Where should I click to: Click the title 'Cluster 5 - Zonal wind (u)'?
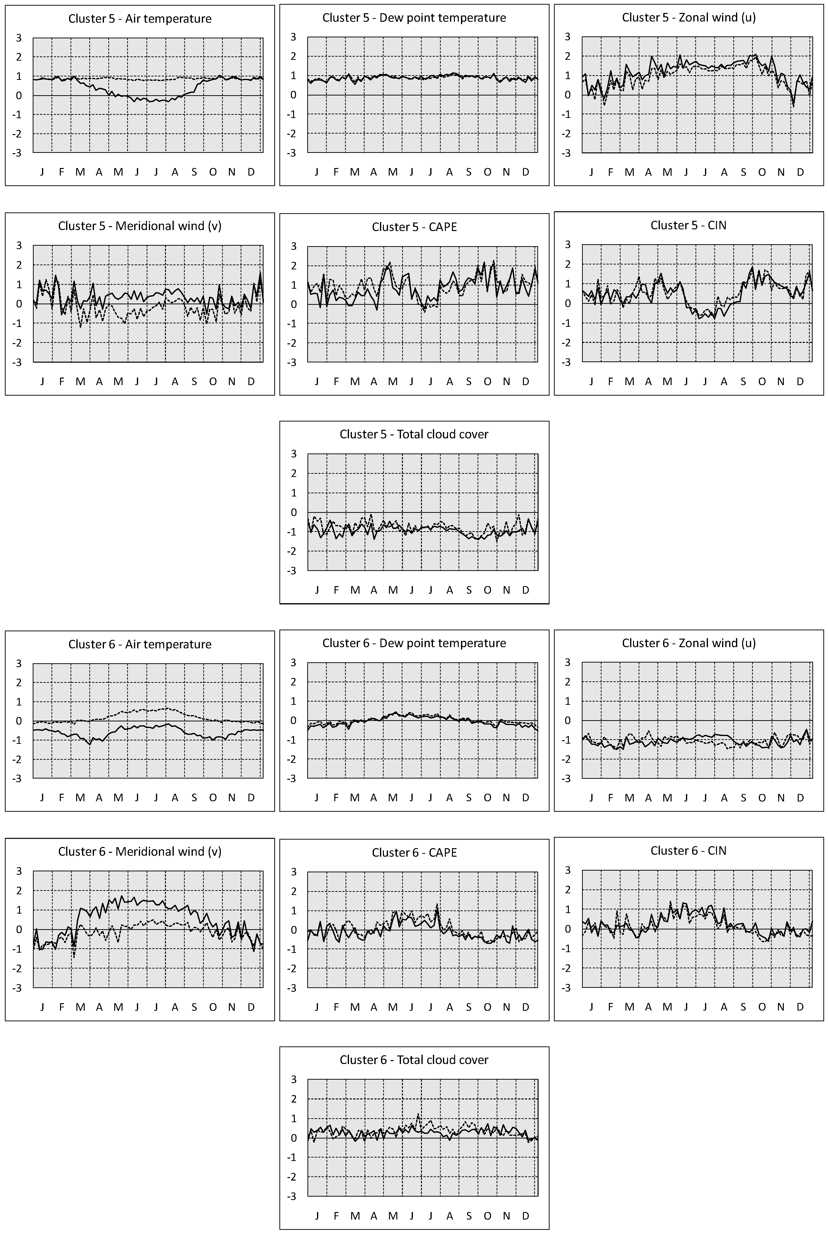point(689,17)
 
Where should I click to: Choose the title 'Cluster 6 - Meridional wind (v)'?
point(140,852)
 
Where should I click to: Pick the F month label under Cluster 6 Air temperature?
point(61,798)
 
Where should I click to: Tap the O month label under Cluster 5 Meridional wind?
point(213,381)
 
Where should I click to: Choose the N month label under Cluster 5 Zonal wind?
point(781,172)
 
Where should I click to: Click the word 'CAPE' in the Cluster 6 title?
point(442,853)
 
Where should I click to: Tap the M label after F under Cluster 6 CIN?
point(629,1007)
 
